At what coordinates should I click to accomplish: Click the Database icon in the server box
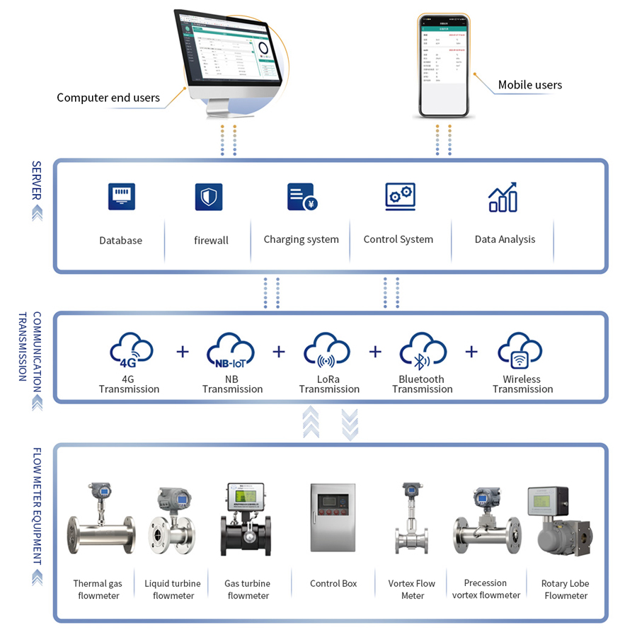click(121, 196)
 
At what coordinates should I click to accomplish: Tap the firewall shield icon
click(209, 197)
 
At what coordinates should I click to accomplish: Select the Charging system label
click(301, 239)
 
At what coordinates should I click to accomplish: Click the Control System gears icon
click(400, 197)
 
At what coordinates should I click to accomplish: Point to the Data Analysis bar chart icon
click(503, 197)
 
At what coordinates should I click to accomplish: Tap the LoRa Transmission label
click(329, 384)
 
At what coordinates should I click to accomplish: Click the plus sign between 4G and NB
click(183, 351)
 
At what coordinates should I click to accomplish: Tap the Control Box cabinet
click(333, 518)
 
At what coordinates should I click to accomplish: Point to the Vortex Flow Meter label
click(412, 590)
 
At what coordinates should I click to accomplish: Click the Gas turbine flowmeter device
click(246, 520)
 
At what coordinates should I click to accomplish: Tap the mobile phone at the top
click(444, 65)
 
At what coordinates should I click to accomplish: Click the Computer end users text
click(108, 98)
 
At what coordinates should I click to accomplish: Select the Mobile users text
click(529, 85)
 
